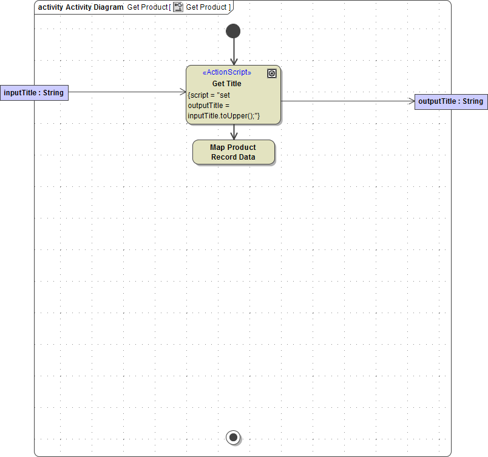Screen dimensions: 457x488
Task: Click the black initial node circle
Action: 233,31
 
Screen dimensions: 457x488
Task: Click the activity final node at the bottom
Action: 233,436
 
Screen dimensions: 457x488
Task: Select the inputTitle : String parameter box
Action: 33,92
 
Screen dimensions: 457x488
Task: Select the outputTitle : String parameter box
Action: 451,101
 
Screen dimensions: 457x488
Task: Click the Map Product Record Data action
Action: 233,152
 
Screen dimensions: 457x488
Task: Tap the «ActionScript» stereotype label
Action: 226,72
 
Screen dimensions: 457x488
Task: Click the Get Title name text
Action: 226,84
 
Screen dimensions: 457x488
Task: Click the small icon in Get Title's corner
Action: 272,73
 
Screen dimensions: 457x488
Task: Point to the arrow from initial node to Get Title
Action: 233,52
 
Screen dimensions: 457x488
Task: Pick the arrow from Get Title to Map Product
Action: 234,132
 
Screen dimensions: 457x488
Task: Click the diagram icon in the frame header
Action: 178,7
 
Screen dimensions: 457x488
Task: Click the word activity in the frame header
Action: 50,7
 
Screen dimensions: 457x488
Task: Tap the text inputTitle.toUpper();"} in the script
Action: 223,115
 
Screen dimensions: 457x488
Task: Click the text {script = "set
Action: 209,95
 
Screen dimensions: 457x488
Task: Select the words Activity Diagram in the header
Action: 95,7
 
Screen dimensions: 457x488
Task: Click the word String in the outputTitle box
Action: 473,101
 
